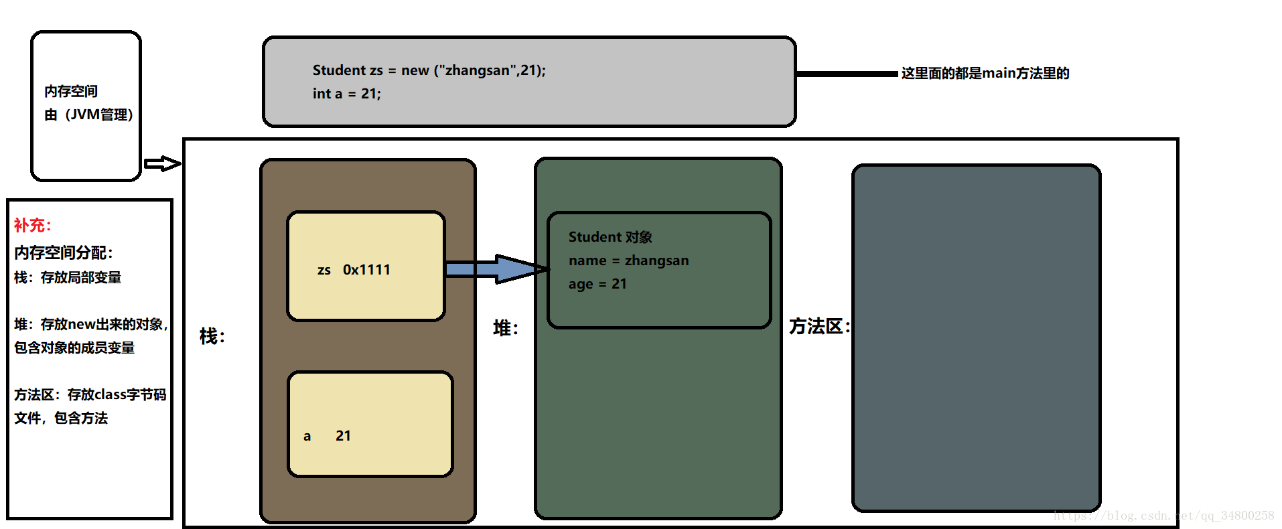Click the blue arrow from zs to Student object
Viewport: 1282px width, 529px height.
496,269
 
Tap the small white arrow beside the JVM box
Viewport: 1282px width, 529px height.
162,163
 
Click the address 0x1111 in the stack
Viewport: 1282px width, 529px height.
366,270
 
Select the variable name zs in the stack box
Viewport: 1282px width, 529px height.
324,271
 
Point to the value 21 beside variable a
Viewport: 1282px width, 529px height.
343,436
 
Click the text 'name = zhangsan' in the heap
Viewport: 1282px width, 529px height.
628,260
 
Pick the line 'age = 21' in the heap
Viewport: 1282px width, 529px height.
597,284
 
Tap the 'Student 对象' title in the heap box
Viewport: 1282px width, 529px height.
610,237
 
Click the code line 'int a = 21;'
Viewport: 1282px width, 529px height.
346,94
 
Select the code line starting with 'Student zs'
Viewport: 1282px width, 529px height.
429,70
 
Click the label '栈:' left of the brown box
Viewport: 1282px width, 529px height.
212,336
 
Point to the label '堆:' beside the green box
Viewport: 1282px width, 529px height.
506,328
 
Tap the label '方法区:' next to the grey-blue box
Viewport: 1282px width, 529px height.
819,327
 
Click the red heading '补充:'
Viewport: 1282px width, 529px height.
32,226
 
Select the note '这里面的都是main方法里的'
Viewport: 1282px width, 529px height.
985,74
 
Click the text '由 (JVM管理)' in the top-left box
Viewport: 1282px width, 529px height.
88,115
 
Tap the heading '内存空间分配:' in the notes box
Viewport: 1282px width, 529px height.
64,253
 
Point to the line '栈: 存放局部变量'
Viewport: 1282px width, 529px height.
68,278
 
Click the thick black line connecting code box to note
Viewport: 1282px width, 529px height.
847,74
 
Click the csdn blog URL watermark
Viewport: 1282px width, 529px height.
1163,516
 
